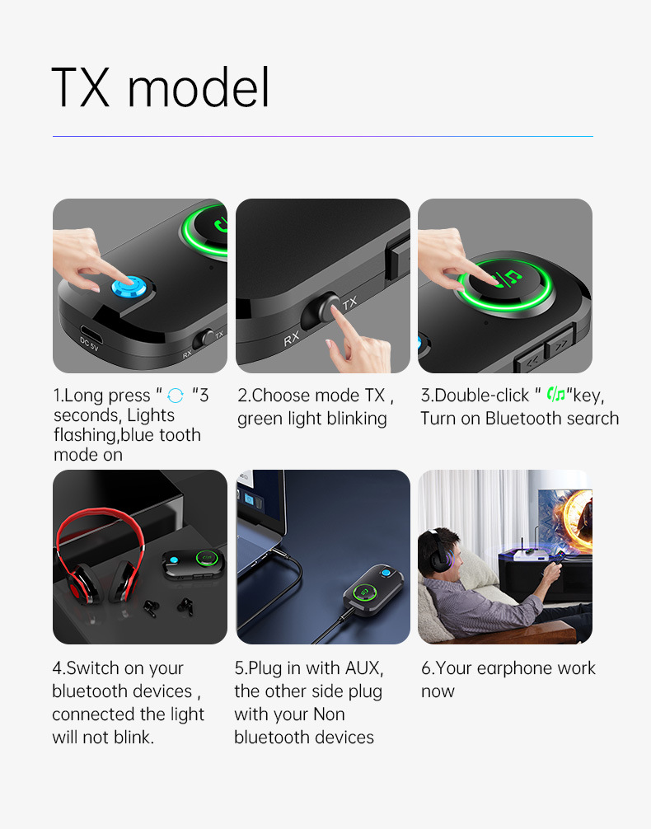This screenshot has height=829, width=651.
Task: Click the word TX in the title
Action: tap(81, 87)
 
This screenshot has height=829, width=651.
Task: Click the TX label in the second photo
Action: tap(349, 303)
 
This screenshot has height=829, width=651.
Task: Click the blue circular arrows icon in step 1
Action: tap(176, 396)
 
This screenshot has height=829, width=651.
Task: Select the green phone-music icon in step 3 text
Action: tap(555, 394)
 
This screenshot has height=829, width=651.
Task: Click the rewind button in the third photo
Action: tap(531, 359)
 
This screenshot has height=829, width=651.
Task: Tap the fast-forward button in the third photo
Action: tap(560, 343)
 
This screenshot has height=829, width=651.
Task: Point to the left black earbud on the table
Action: tap(149, 608)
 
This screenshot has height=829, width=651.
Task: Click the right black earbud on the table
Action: tap(185, 606)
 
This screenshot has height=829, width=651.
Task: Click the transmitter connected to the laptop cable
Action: tap(374, 588)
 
